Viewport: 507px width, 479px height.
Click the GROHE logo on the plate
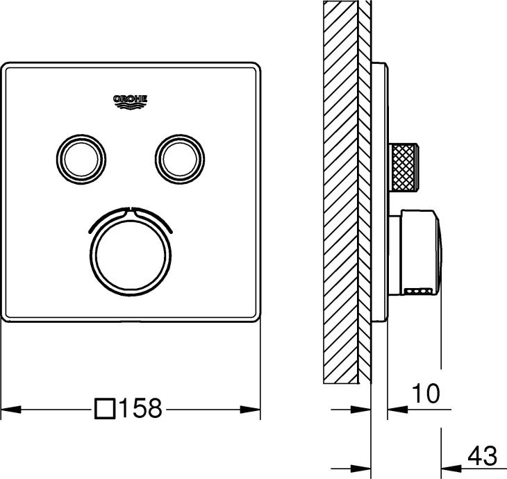click(131, 102)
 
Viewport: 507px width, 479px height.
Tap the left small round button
click(81, 160)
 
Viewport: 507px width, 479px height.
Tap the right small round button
click(180, 160)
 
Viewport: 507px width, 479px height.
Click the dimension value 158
click(141, 408)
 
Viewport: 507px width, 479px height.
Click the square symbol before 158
click(105, 409)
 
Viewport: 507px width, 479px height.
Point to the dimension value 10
click(426, 394)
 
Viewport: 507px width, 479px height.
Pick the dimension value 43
click(482, 456)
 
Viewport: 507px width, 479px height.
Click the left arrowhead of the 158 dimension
click(11, 410)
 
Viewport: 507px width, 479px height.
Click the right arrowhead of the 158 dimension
click(250, 410)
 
